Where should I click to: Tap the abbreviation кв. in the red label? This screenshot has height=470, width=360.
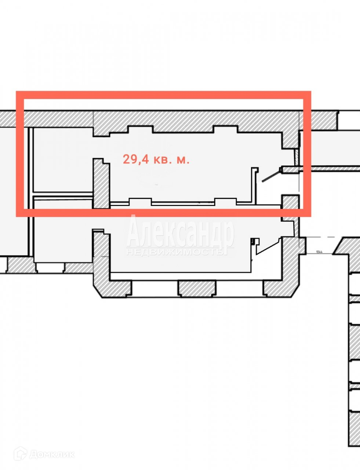[162, 159]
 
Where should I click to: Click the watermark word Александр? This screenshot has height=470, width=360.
[181, 231]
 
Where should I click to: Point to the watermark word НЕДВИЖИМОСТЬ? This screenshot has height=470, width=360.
[175, 252]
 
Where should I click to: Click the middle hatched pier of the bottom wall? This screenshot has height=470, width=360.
[197, 288]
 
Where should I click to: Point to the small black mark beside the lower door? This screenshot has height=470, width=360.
[252, 241]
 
